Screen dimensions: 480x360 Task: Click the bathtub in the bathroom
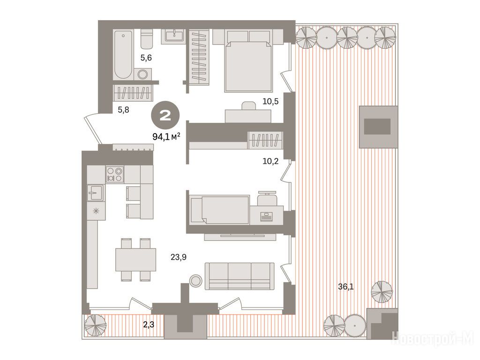[x=123, y=54]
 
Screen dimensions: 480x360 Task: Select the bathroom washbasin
[x=174, y=35]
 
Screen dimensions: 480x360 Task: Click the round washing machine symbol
[x=142, y=74]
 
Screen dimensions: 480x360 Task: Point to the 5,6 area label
[x=146, y=58]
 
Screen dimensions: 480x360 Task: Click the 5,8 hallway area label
[x=123, y=109]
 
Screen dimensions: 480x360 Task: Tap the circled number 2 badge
[x=165, y=116]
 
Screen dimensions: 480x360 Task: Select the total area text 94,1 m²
[x=166, y=136]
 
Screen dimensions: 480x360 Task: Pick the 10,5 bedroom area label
[x=270, y=101]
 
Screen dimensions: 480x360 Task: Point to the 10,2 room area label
[x=270, y=161]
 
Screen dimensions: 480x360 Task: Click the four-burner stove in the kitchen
[x=115, y=174]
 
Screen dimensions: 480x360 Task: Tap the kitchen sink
[x=96, y=193]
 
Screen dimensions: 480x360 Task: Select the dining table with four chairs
[x=136, y=260]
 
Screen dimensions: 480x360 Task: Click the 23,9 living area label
[x=179, y=257]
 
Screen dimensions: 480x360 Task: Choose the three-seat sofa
[x=240, y=276]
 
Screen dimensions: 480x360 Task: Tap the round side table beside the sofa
[x=195, y=280]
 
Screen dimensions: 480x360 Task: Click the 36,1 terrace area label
[x=345, y=286]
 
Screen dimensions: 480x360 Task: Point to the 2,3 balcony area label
[x=149, y=324]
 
